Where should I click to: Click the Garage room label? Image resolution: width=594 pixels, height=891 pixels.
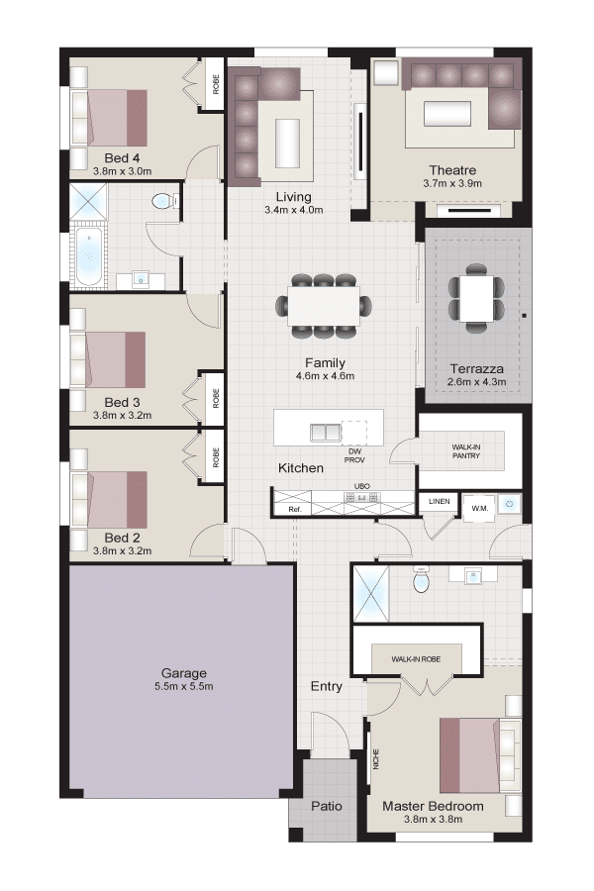[183, 673]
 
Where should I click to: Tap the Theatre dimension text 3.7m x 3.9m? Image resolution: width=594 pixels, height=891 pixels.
[452, 183]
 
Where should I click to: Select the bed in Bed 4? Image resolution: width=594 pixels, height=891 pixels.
[109, 118]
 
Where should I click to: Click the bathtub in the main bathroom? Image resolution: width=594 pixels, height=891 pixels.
[89, 256]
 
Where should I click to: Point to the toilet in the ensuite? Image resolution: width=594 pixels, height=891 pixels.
[421, 579]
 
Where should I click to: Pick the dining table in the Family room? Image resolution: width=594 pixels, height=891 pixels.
[324, 306]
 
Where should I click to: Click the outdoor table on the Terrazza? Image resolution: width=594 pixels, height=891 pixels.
[476, 298]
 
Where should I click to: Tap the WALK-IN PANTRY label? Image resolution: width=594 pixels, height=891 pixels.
[466, 451]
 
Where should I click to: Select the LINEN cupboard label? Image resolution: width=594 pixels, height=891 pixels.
[440, 501]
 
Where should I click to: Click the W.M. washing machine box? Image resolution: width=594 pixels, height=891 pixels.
[479, 508]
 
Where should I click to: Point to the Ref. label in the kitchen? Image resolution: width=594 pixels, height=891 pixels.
[294, 510]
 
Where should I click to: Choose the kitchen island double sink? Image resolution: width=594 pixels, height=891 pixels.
[325, 433]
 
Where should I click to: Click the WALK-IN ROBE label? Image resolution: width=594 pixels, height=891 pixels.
[416, 659]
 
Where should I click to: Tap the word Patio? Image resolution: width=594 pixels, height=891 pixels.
[327, 806]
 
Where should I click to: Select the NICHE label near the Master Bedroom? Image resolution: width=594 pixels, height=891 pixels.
[376, 759]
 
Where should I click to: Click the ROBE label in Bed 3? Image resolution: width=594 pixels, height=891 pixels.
[216, 398]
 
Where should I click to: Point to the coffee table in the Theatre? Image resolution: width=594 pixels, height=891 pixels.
[447, 114]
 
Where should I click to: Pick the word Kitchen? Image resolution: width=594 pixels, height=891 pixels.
[301, 468]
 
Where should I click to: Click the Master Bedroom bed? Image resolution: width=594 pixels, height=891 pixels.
[480, 755]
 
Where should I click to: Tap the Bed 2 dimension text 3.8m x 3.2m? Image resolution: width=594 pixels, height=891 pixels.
[122, 550]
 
